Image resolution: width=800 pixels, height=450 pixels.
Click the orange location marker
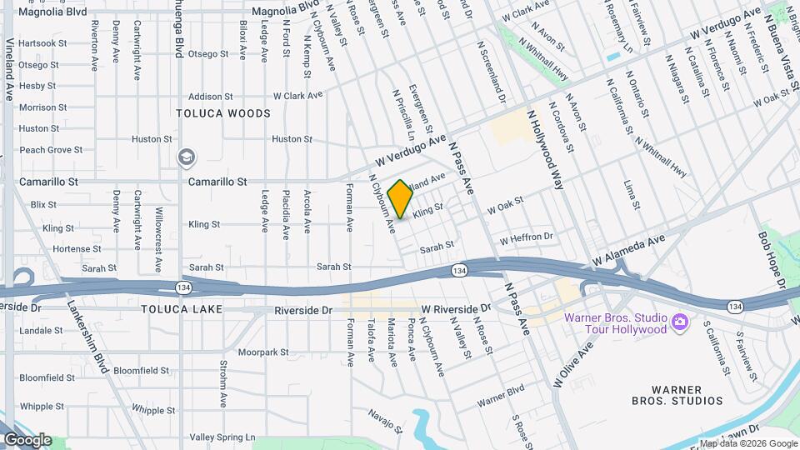[x=400, y=199]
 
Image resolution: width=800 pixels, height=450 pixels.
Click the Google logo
[x=27, y=440]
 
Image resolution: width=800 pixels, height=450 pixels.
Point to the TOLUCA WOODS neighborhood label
[x=223, y=113]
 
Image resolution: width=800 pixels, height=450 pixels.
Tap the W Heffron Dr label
[x=527, y=238]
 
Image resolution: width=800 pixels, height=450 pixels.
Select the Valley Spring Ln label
[x=222, y=437]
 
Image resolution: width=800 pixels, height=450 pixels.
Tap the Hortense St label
[x=71, y=249]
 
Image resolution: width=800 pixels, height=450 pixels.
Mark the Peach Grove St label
[x=51, y=150]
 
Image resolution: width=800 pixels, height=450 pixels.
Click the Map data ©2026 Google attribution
[x=747, y=443]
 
